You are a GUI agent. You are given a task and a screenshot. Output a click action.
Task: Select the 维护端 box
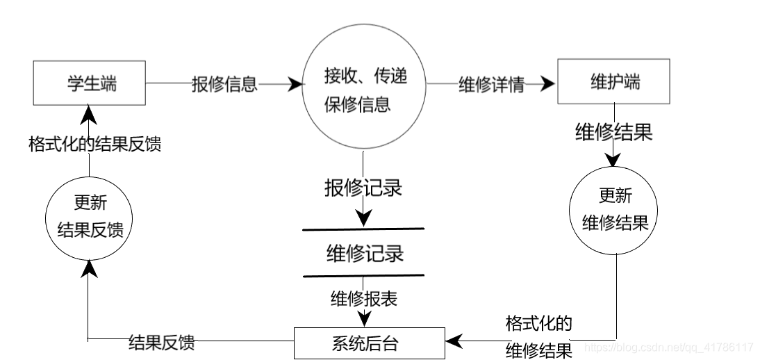tap(613, 82)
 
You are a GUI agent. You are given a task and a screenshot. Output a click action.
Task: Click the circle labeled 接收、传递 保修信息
tap(365, 91)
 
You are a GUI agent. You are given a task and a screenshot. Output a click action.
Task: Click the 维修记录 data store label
tap(364, 253)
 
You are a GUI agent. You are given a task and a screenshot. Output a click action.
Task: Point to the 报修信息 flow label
tap(224, 84)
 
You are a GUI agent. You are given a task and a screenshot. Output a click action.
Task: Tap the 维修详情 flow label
tap(490, 84)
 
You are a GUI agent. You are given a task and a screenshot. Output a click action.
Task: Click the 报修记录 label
tap(363, 188)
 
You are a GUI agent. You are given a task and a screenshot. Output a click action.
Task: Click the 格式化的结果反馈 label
tap(95, 145)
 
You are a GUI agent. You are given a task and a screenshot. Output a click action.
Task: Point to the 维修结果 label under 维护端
tap(614, 132)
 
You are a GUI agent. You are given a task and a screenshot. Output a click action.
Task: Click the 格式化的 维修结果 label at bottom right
tap(538, 337)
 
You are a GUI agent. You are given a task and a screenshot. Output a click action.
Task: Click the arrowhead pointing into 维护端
tap(550, 83)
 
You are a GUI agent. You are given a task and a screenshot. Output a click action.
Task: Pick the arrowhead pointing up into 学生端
tap(89, 110)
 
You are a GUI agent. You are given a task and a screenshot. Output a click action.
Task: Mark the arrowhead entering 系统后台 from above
tap(363, 318)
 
